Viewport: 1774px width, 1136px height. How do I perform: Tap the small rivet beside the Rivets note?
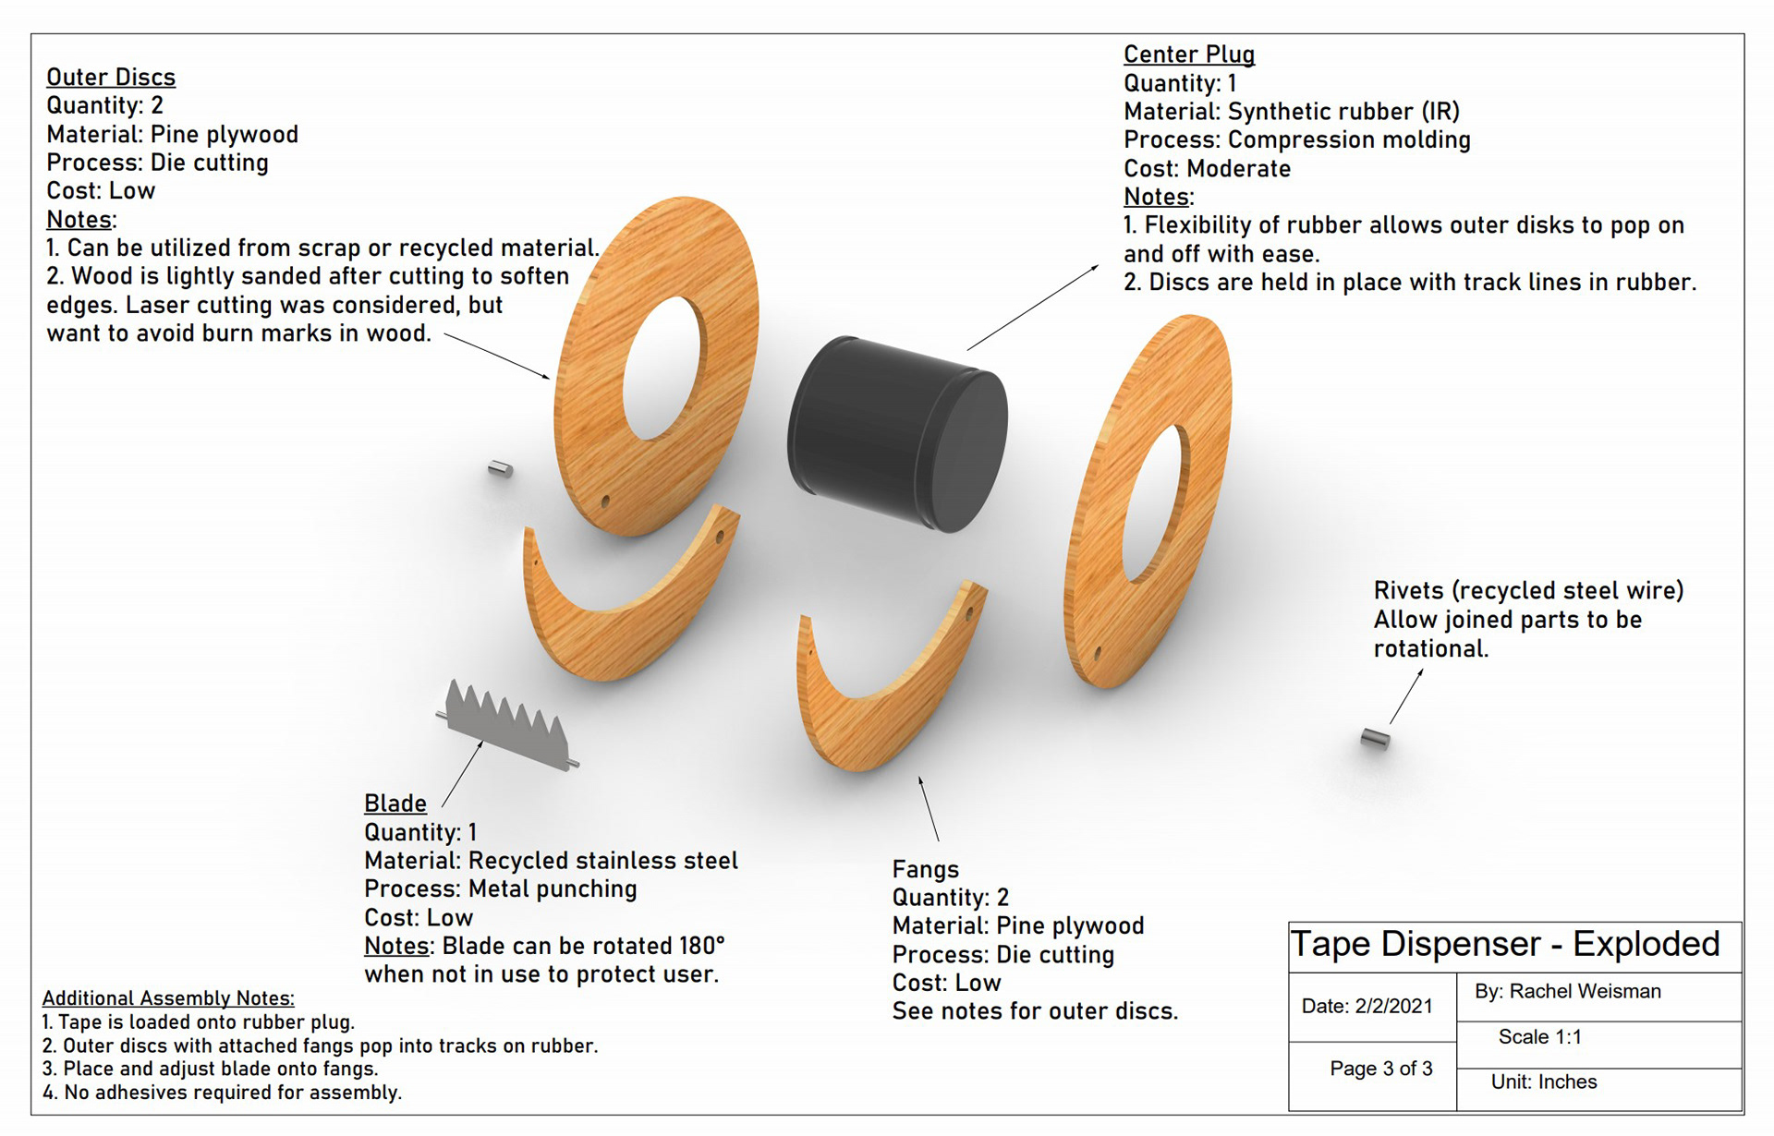coord(1375,739)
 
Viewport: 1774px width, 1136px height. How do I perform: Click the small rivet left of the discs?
coord(500,469)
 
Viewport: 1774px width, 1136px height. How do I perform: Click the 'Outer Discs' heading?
coord(111,78)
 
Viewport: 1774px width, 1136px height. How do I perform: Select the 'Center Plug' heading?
coord(1188,54)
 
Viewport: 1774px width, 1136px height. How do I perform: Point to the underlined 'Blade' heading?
coord(395,804)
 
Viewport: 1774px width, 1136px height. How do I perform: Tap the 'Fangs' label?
coord(925,869)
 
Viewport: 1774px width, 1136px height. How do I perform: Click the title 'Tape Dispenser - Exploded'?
coord(1504,945)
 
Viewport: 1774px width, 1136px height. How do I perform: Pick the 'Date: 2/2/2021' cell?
coord(1367,1007)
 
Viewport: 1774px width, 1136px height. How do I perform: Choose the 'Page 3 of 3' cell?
coord(1380,1069)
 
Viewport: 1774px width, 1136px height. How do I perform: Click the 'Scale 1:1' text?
coord(1539,1037)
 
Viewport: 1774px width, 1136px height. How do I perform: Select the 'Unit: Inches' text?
coord(1543,1082)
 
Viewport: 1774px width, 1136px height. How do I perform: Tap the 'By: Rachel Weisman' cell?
coord(1567,992)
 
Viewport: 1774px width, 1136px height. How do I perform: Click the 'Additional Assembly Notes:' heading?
coord(168,998)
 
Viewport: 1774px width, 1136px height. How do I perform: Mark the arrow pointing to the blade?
coord(462,774)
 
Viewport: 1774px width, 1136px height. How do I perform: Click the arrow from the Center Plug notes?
coord(1032,308)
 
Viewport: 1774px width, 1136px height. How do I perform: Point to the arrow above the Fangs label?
coord(929,808)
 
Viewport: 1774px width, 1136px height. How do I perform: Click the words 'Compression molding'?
coord(1349,140)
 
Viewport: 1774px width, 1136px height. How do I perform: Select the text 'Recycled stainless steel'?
coord(602,861)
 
